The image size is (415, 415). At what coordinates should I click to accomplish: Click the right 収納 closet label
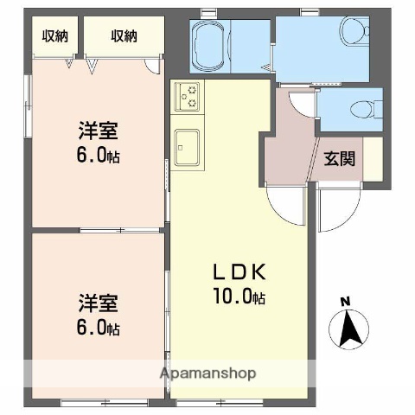(123, 36)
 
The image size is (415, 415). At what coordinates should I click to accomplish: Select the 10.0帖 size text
(242, 297)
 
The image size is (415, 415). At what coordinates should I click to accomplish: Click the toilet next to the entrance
(362, 110)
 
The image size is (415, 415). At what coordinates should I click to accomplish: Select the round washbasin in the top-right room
(351, 33)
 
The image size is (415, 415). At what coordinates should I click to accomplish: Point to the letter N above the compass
(346, 301)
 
